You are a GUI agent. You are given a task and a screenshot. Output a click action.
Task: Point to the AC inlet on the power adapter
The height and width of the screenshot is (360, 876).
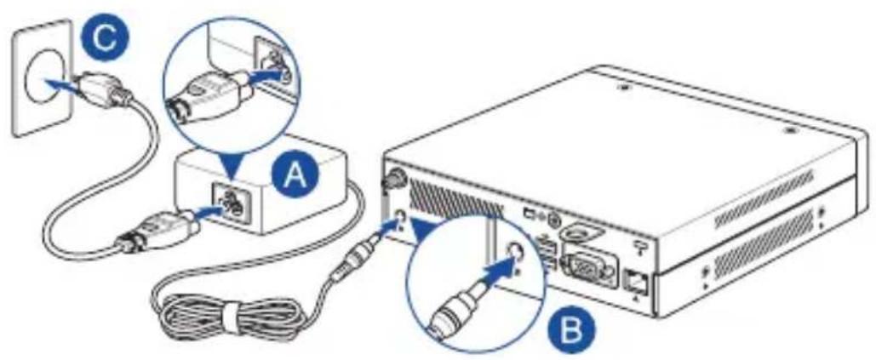click(231, 203)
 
